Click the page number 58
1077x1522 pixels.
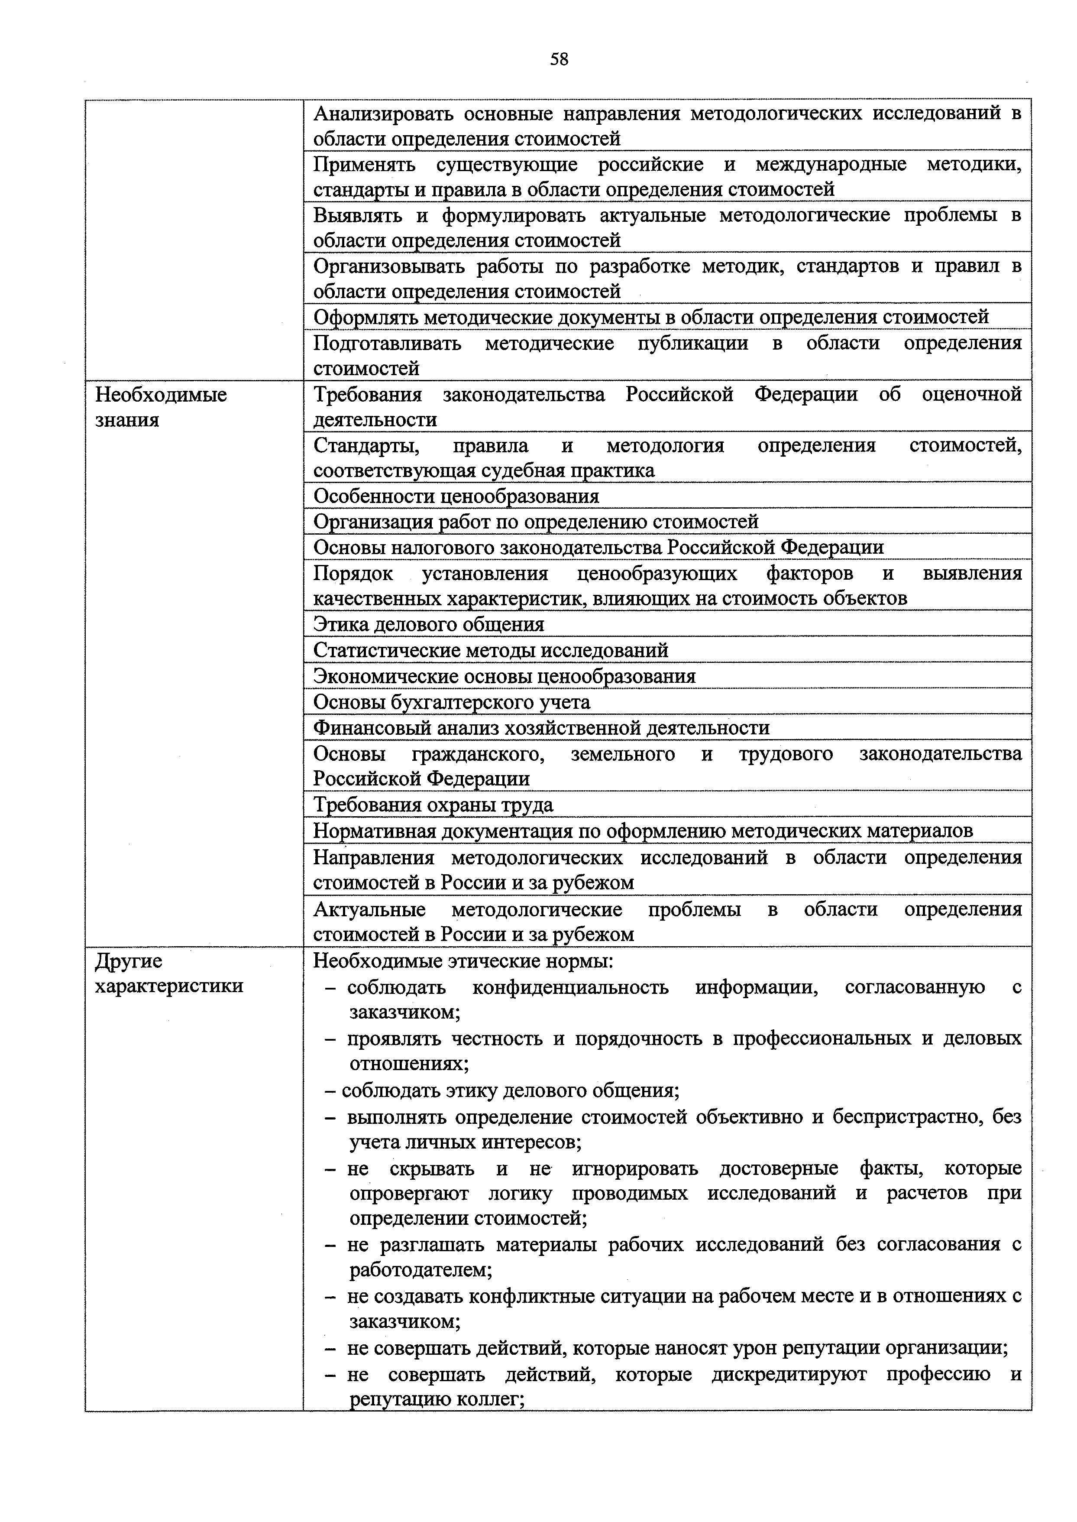(559, 60)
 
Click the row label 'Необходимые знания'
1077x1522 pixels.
(161, 407)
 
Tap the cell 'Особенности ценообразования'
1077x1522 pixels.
(456, 496)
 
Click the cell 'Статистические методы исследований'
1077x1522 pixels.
(490, 650)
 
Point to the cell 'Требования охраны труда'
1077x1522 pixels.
(433, 805)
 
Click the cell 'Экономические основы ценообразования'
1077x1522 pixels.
(504, 676)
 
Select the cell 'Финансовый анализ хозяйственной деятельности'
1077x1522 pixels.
(541, 728)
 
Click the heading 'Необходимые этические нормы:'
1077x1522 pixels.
(463, 961)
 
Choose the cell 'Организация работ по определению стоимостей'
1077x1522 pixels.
(536, 522)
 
